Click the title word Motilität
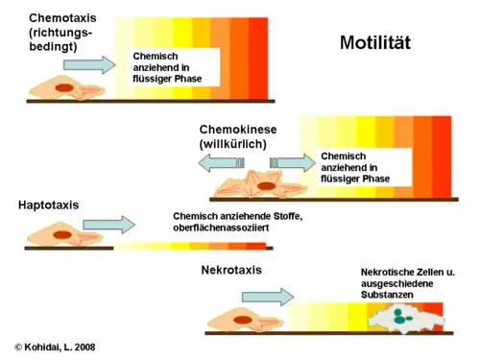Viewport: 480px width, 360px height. (x=389, y=42)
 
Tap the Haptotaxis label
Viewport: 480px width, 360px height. (x=48, y=204)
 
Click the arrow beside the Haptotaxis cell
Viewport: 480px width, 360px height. (x=109, y=226)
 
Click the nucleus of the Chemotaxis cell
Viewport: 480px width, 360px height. (x=65, y=89)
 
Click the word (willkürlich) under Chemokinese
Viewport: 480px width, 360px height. (x=233, y=144)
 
